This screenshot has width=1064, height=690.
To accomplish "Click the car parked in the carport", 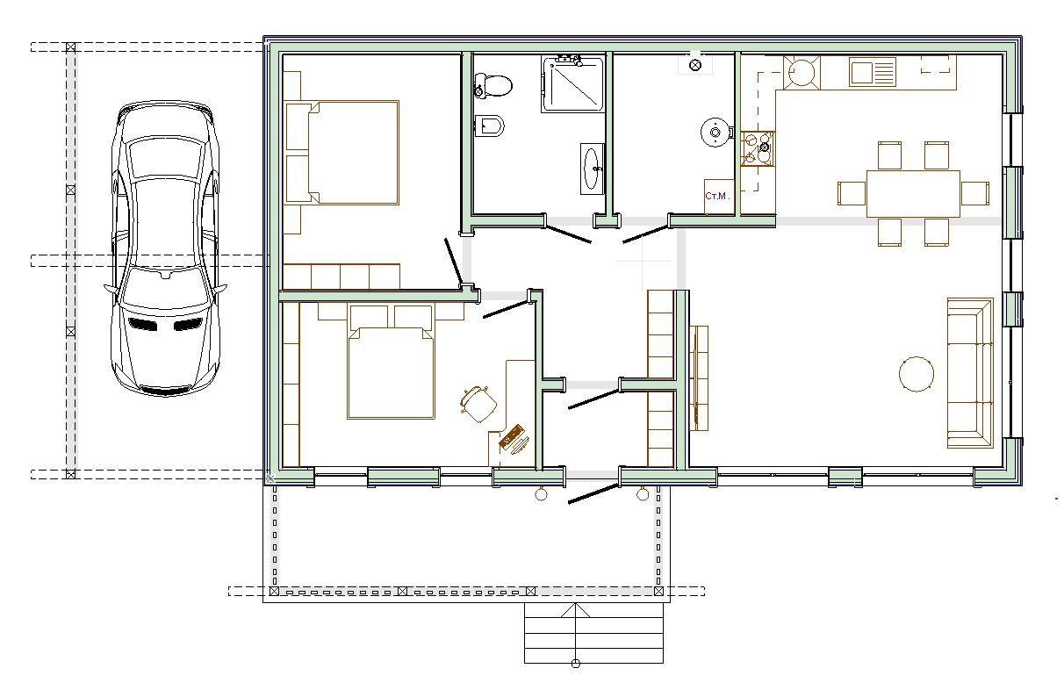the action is (165, 248).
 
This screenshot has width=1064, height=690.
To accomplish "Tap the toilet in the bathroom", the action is (493, 85).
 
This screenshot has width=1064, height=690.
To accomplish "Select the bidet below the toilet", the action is (489, 126).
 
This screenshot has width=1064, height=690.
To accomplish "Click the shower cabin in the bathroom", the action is (573, 84).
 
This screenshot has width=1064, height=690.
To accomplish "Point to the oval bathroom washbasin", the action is (592, 169).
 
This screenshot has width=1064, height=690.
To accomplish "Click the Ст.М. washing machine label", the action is (717, 196).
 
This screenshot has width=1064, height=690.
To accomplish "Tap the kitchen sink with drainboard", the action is (872, 72).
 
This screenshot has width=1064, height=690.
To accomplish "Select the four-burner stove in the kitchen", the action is (758, 148).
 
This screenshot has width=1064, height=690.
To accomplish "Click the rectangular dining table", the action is (913, 194).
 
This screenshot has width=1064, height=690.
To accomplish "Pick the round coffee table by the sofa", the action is (917, 374).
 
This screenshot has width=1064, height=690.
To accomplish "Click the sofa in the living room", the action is (970, 373).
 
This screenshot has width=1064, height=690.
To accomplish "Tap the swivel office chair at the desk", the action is (478, 404).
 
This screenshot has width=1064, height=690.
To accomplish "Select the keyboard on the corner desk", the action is (512, 436).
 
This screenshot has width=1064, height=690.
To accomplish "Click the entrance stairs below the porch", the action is (593, 633).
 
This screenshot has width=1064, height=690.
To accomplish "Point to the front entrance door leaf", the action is (593, 494).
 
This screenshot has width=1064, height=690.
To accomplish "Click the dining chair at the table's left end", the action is (852, 194).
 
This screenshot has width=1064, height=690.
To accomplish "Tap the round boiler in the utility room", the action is (715, 133).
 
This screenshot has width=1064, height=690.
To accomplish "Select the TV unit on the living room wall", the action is (699, 378).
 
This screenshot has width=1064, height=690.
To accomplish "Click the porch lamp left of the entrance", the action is (541, 493).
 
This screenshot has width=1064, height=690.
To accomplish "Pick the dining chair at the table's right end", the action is (975, 194).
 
